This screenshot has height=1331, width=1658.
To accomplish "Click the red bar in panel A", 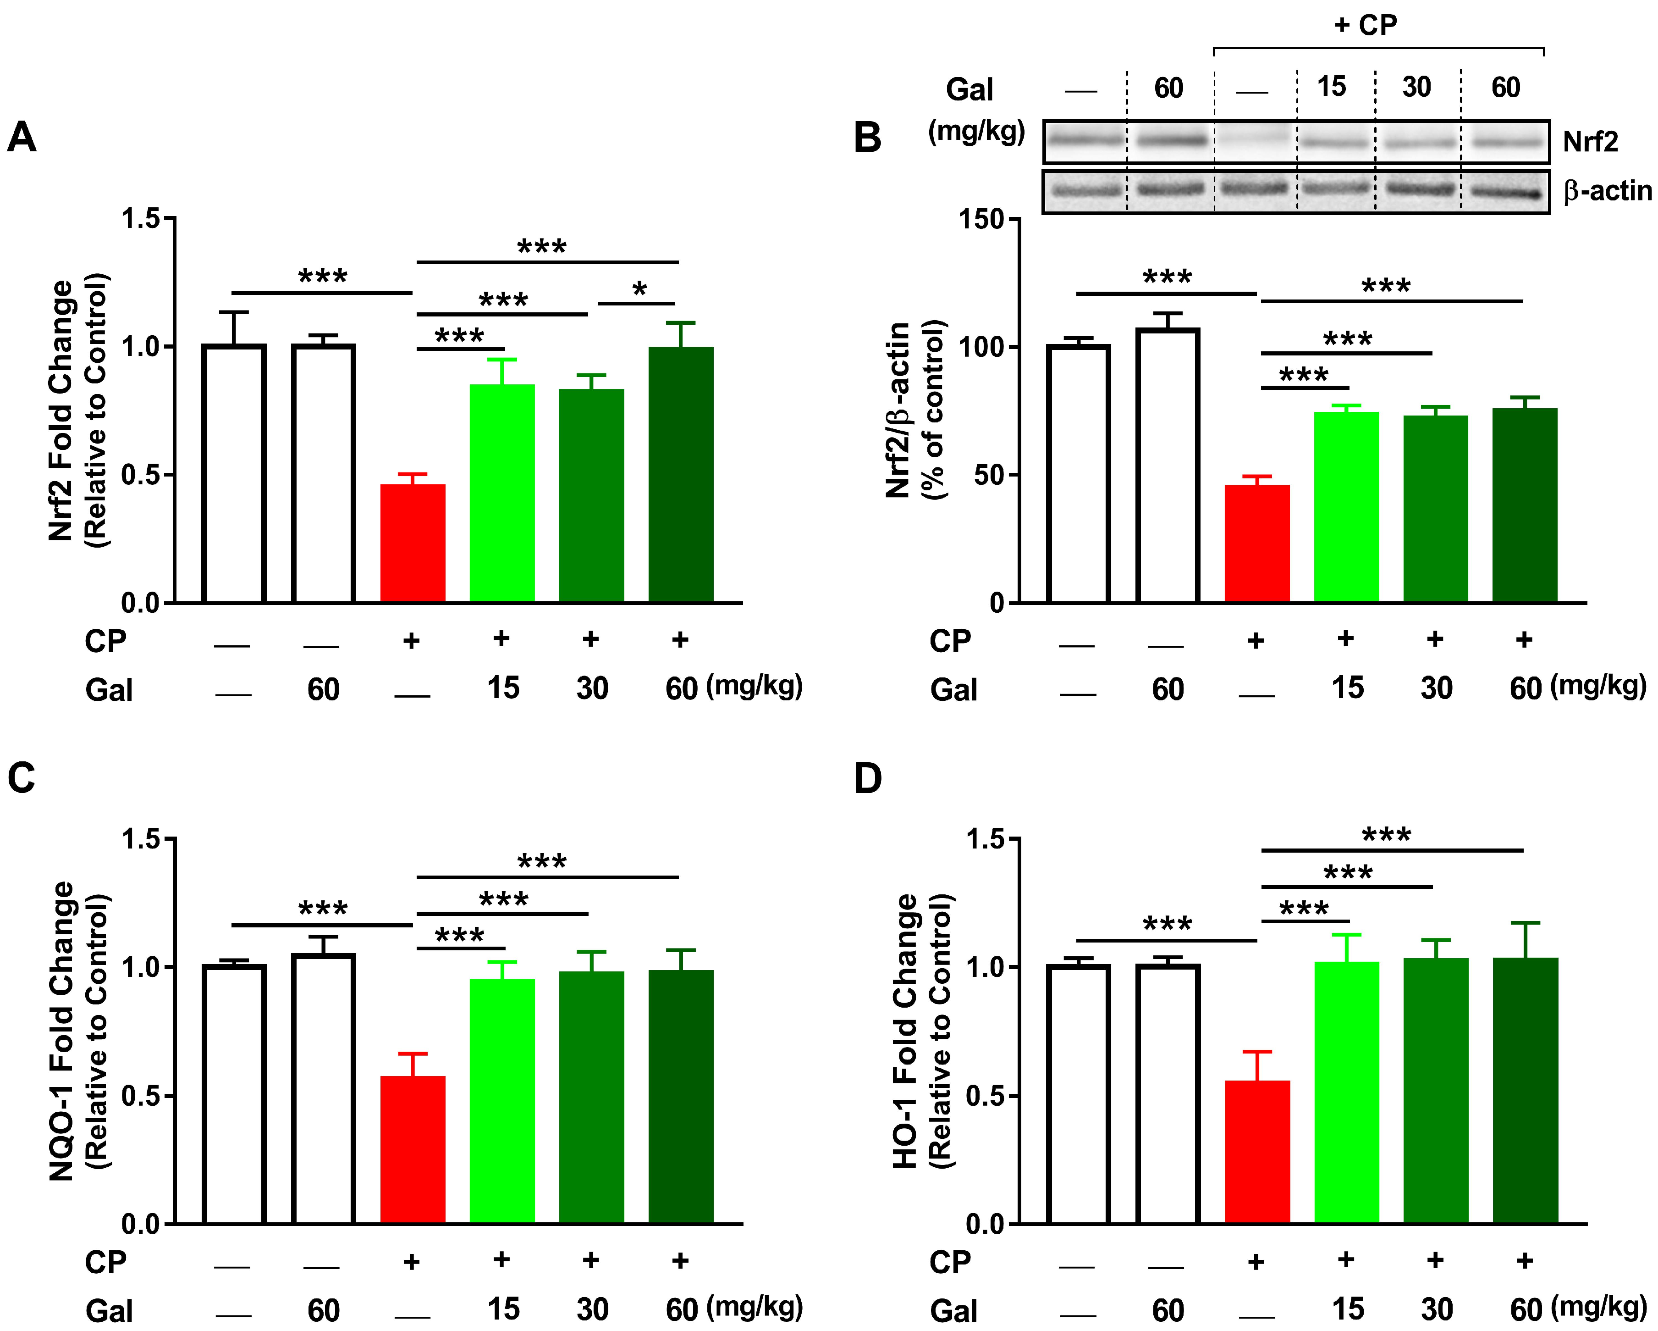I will [413, 543].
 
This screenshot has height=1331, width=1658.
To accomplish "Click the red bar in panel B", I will [1256, 543].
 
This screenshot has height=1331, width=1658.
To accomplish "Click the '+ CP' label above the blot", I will [1365, 25].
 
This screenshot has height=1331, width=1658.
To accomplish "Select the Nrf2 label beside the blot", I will [1590, 142].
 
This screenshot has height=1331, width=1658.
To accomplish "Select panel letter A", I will [22, 137].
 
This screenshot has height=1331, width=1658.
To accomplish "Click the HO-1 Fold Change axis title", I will [906, 1031].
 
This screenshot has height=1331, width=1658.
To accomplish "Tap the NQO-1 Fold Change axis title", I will [61, 1031].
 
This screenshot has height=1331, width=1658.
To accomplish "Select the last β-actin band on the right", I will [1506, 192].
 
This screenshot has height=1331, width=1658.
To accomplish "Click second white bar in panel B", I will [1168, 466].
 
